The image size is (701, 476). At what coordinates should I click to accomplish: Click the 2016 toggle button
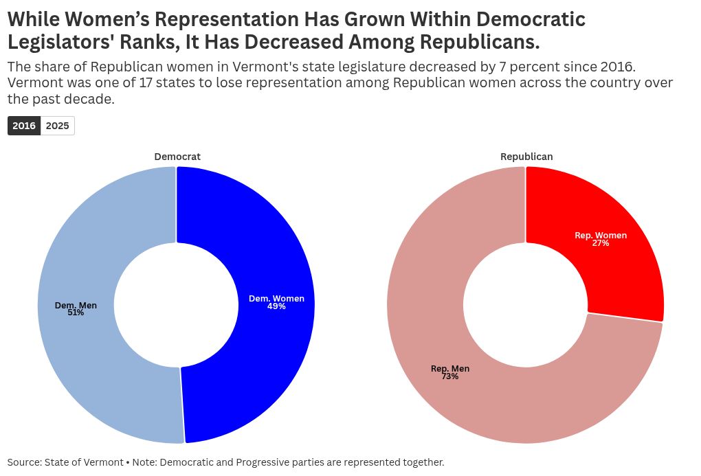[24, 126]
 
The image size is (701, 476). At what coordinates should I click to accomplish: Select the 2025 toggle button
[57, 126]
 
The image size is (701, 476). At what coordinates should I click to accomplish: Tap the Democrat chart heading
[177, 157]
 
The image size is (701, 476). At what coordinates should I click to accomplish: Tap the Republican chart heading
[526, 157]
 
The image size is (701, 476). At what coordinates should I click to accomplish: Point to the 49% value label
[276, 306]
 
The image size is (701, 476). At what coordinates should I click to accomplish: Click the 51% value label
[76, 313]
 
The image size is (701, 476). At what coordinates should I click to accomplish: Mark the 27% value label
[601, 243]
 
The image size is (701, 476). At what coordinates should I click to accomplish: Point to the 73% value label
[450, 376]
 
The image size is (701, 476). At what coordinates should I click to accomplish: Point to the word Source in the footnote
[25, 462]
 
